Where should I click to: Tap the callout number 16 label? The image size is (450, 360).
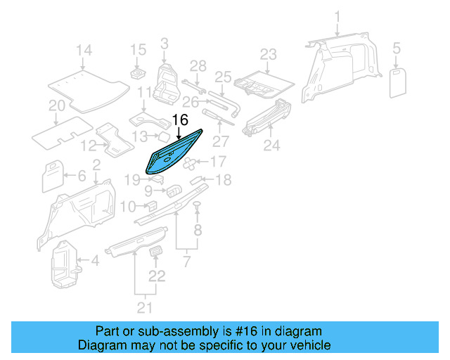(180, 120)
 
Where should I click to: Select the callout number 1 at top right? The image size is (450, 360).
(337, 16)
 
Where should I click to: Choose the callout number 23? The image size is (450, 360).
(269, 54)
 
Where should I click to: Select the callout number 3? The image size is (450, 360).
(164, 44)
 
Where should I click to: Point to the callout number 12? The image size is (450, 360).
(88, 146)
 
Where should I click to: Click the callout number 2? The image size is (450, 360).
(96, 165)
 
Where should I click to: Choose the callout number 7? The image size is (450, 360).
(186, 262)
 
